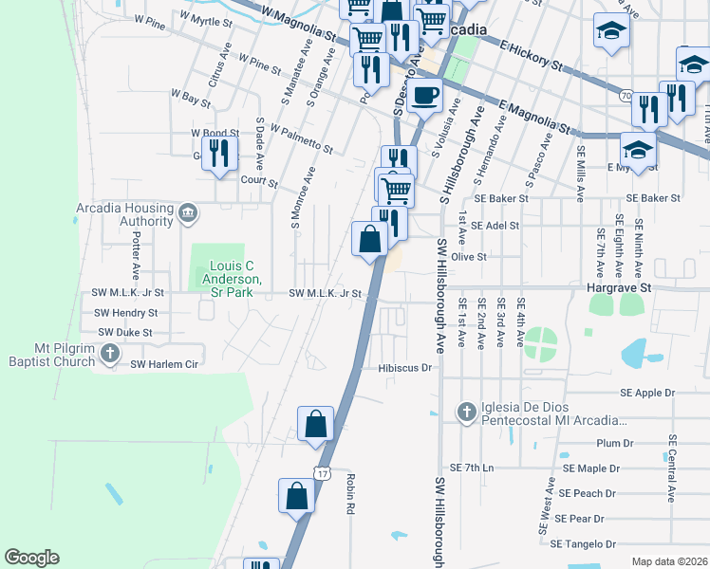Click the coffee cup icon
[x=426, y=95]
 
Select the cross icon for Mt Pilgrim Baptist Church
[x=110, y=355]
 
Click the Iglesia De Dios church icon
[x=465, y=412]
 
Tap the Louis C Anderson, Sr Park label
[x=229, y=273]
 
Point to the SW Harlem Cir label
[x=163, y=363]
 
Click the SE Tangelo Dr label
[x=583, y=543]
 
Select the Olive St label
[x=468, y=256]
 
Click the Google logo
[x=31, y=558]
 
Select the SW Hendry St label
[x=125, y=312]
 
